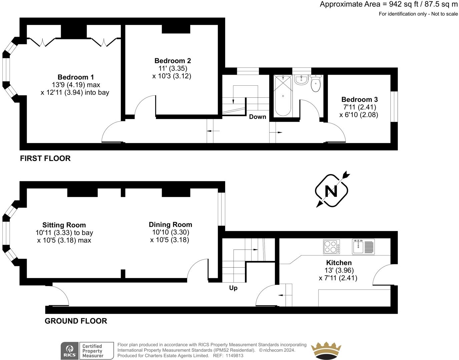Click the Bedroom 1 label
pos(73,77)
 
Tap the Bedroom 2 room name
pos(172,61)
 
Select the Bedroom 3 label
pos(359,99)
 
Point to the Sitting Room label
pos(64,225)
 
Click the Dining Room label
pos(170,224)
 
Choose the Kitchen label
pos(339,262)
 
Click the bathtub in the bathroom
pos(283,96)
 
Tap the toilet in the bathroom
pos(315,84)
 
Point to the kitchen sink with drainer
pos(364,247)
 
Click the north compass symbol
pos(331,191)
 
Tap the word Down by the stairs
pos(258,117)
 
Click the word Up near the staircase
pos(233,288)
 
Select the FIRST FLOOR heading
pos(45,158)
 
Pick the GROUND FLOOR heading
pos(76,321)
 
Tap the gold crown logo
pos(326,351)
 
